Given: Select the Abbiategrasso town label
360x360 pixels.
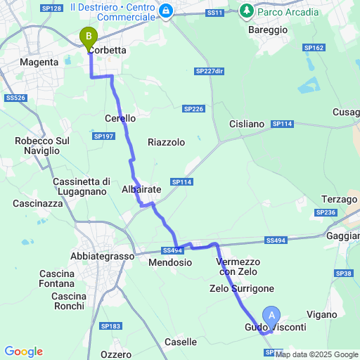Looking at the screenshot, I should [x=103, y=257].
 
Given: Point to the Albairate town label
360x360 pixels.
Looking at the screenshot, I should [x=141, y=190].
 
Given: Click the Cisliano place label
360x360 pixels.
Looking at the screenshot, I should [x=247, y=124].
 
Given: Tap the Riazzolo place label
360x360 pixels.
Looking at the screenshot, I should [x=166, y=142].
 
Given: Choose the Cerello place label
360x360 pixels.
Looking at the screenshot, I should [x=120, y=119].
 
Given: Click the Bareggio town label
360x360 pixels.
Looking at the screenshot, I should [x=268, y=30].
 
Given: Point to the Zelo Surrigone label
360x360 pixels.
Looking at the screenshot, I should [x=241, y=288].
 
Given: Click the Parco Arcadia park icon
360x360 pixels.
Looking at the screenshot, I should [x=247, y=11].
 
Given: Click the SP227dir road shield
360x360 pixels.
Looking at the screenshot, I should [x=210, y=72].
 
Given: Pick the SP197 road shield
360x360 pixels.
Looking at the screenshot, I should [x=103, y=136].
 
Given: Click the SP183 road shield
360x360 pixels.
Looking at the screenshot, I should [x=110, y=326].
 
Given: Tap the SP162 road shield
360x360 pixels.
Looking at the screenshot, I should [x=314, y=48].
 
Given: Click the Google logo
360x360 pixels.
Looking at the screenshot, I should [x=23, y=352].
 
